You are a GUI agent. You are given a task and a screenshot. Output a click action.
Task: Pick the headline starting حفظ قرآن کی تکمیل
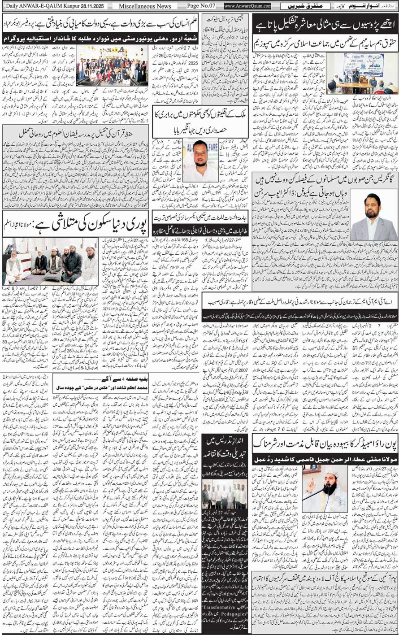tap(75, 133)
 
